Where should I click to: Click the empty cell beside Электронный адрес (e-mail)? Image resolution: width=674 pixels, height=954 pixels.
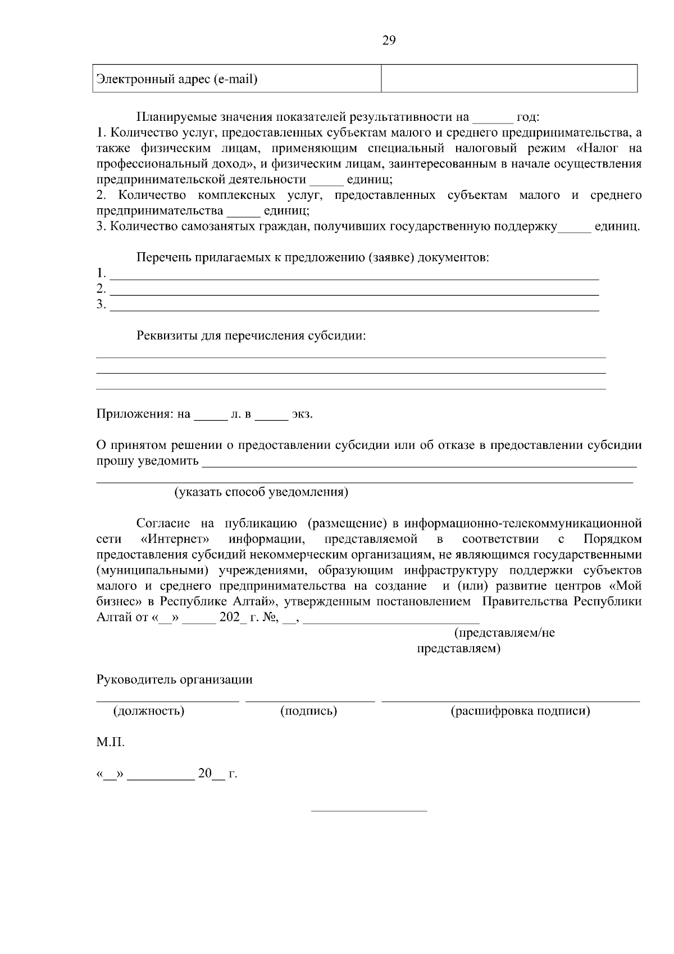[x=509, y=79]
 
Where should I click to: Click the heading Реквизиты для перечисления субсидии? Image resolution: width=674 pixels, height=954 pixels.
[x=251, y=336]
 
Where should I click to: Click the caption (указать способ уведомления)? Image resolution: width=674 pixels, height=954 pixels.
[x=261, y=493]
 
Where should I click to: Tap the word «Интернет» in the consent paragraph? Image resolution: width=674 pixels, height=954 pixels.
[x=176, y=539]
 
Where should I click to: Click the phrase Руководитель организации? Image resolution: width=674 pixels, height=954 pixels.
[x=175, y=680]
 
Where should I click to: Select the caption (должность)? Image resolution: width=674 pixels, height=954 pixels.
[x=149, y=711]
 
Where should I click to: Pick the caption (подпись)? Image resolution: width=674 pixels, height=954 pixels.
[x=308, y=711]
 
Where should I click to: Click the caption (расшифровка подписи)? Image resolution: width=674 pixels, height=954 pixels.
[x=520, y=711]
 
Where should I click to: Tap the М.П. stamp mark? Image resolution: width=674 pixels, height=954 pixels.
[x=110, y=743]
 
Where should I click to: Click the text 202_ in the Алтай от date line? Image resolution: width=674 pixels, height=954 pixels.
[x=234, y=617]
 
